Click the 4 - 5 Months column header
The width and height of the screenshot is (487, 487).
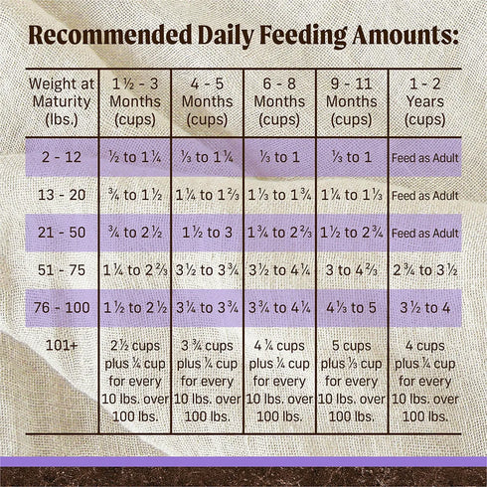click(x=207, y=100)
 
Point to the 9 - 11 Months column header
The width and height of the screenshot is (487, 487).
click(x=352, y=100)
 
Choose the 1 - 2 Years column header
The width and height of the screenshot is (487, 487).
click(x=424, y=100)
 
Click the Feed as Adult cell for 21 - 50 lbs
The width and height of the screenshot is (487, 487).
click(x=424, y=233)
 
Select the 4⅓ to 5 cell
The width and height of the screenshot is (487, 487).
click(x=352, y=307)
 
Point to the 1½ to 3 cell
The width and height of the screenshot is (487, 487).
click(x=207, y=233)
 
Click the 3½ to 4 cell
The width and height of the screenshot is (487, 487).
click(x=424, y=307)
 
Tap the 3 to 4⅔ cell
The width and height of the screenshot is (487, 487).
click(x=352, y=270)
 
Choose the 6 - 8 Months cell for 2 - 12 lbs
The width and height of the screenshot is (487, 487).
click(x=279, y=158)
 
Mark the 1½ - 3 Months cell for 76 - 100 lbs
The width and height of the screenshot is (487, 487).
click(x=134, y=307)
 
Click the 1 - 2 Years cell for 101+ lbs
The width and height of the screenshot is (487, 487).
click(x=424, y=381)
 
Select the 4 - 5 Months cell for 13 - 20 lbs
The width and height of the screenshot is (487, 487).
click(x=207, y=195)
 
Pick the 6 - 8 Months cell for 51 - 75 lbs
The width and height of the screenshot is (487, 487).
click(x=279, y=270)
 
